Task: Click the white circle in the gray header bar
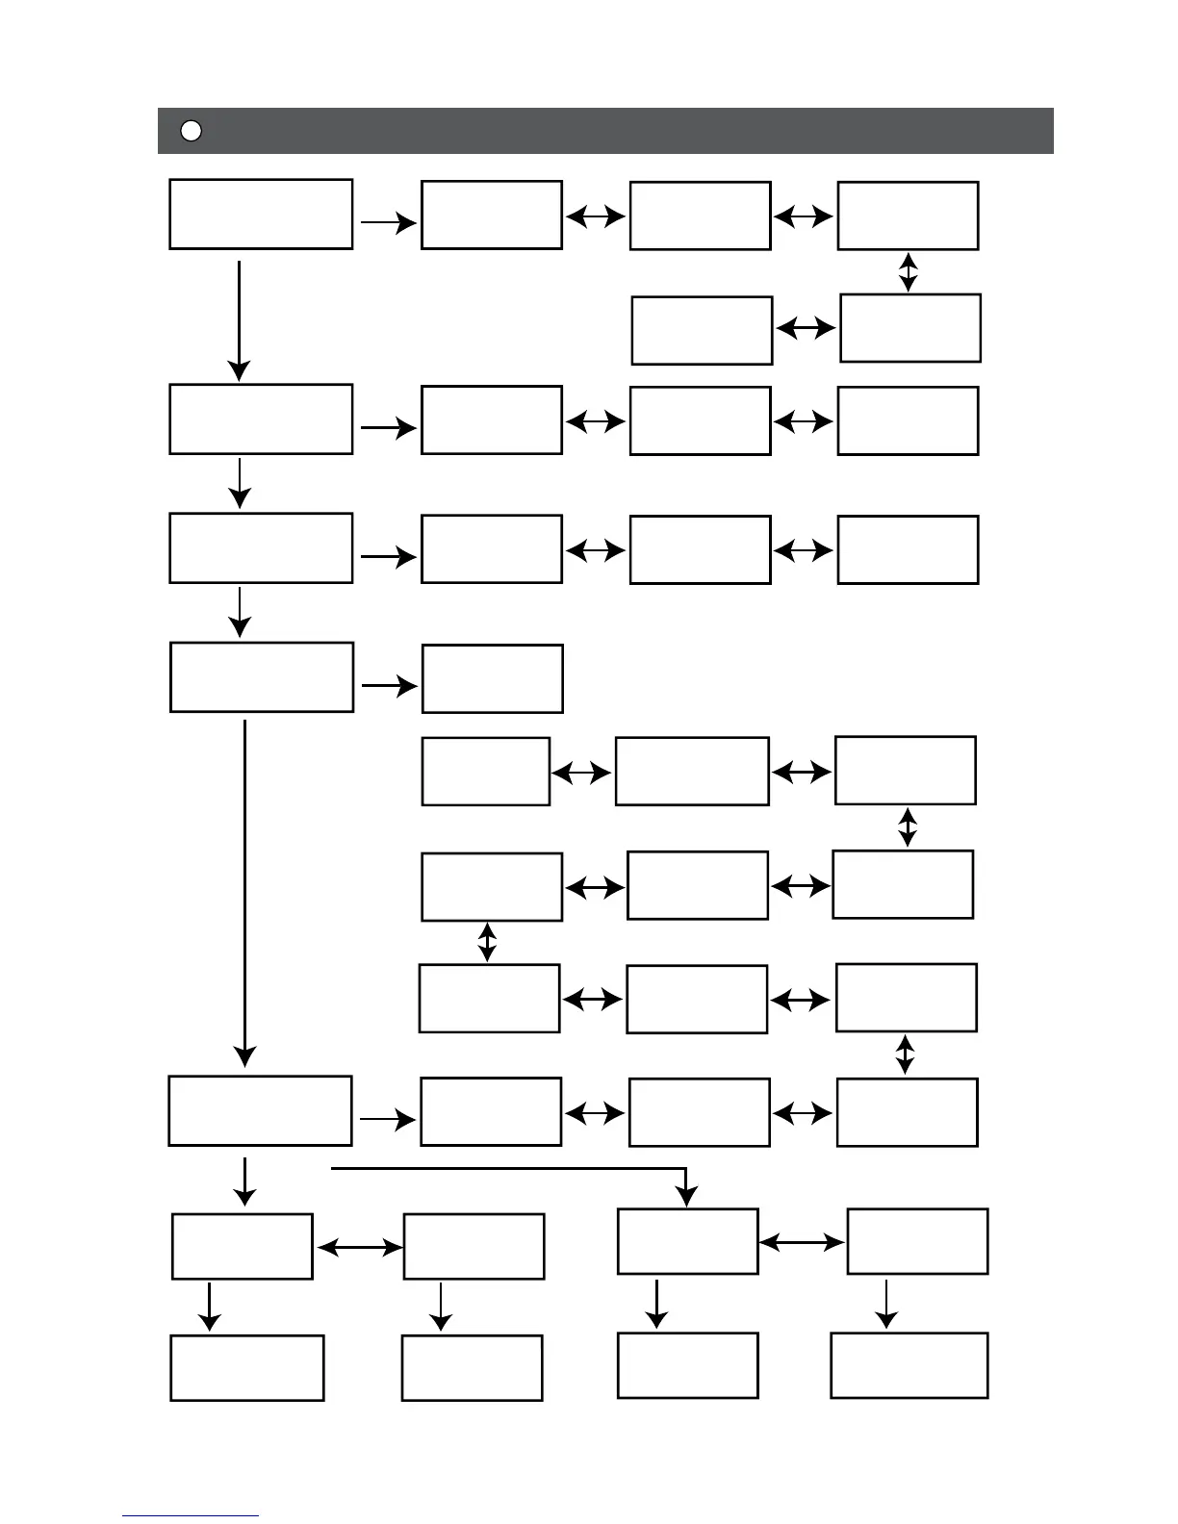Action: [x=192, y=131]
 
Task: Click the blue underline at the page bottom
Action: [x=190, y=1515]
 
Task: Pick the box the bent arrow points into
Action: [x=687, y=1241]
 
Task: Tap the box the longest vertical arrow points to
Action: [x=260, y=1110]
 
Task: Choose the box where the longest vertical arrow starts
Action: [x=262, y=677]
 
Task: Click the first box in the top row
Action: [x=261, y=214]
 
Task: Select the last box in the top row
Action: [x=908, y=216]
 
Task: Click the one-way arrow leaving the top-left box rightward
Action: [x=388, y=222]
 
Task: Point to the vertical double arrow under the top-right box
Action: [x=908, y=272]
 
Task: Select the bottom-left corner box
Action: [x=246, y=1367]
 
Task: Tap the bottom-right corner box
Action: [x=909, y=1364]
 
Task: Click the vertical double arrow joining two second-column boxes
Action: [x=487, y=942]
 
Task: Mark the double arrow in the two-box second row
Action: [x=806, y=328]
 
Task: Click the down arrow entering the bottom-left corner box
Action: [x=209, y=1306]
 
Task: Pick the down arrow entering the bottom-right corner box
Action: [x=885, y=1304]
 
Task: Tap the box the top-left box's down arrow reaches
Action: [x=261, y=419]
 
